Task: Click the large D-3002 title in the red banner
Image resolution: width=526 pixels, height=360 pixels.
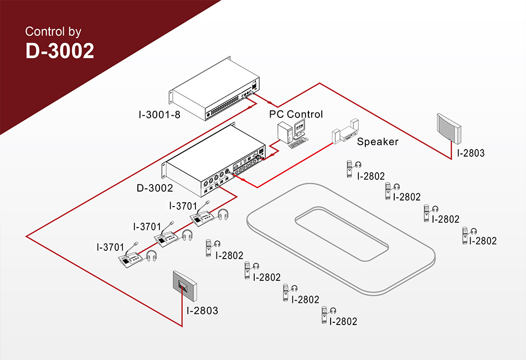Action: (60, 50)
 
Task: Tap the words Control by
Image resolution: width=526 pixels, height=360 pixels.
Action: (53, 32)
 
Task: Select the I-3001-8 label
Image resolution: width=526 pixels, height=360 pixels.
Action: (159, 115)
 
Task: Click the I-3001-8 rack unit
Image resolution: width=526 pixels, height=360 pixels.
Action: (215, 89)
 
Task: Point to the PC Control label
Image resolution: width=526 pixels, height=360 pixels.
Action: (296, 114)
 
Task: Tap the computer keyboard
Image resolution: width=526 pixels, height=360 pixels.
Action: (297, 144)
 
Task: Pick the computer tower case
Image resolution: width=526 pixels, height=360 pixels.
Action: (285, 132)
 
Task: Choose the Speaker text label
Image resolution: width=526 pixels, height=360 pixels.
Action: (378, 142)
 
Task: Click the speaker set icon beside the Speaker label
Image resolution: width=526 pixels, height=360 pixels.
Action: (345, 131)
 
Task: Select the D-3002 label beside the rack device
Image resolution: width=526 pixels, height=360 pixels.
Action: (154, 188)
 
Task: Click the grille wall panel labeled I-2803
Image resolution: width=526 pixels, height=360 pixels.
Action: (449, 128)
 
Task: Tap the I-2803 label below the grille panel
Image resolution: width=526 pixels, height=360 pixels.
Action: (471, 153)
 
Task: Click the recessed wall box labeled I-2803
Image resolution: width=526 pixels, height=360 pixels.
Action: (184, 286)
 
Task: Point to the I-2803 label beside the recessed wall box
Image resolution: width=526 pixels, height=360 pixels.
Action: (202, 311)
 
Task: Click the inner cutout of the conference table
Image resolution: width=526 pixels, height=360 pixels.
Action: (342, 234)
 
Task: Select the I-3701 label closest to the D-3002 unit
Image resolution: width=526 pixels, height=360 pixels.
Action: (183, 205)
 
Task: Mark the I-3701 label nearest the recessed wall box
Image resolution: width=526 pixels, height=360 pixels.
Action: (110, 247)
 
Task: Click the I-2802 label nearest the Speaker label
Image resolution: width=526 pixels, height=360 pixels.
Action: (371, 176)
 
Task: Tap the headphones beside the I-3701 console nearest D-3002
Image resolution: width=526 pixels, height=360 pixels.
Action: (223, 215)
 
